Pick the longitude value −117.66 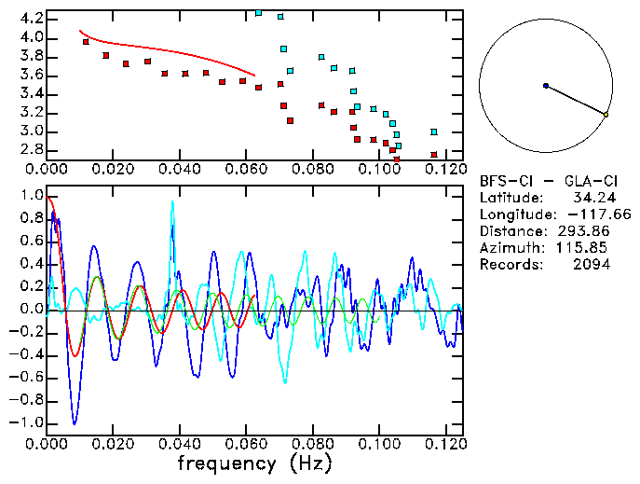[584, 214]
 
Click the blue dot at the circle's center [545, 86]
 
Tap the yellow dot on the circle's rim [606, 115]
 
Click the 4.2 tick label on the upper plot [31, 19]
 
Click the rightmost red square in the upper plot [434, 155]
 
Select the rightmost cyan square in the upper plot [434, 131]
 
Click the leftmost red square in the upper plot [86, 42]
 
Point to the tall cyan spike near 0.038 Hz [172, 203]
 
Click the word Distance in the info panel [511, 231]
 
